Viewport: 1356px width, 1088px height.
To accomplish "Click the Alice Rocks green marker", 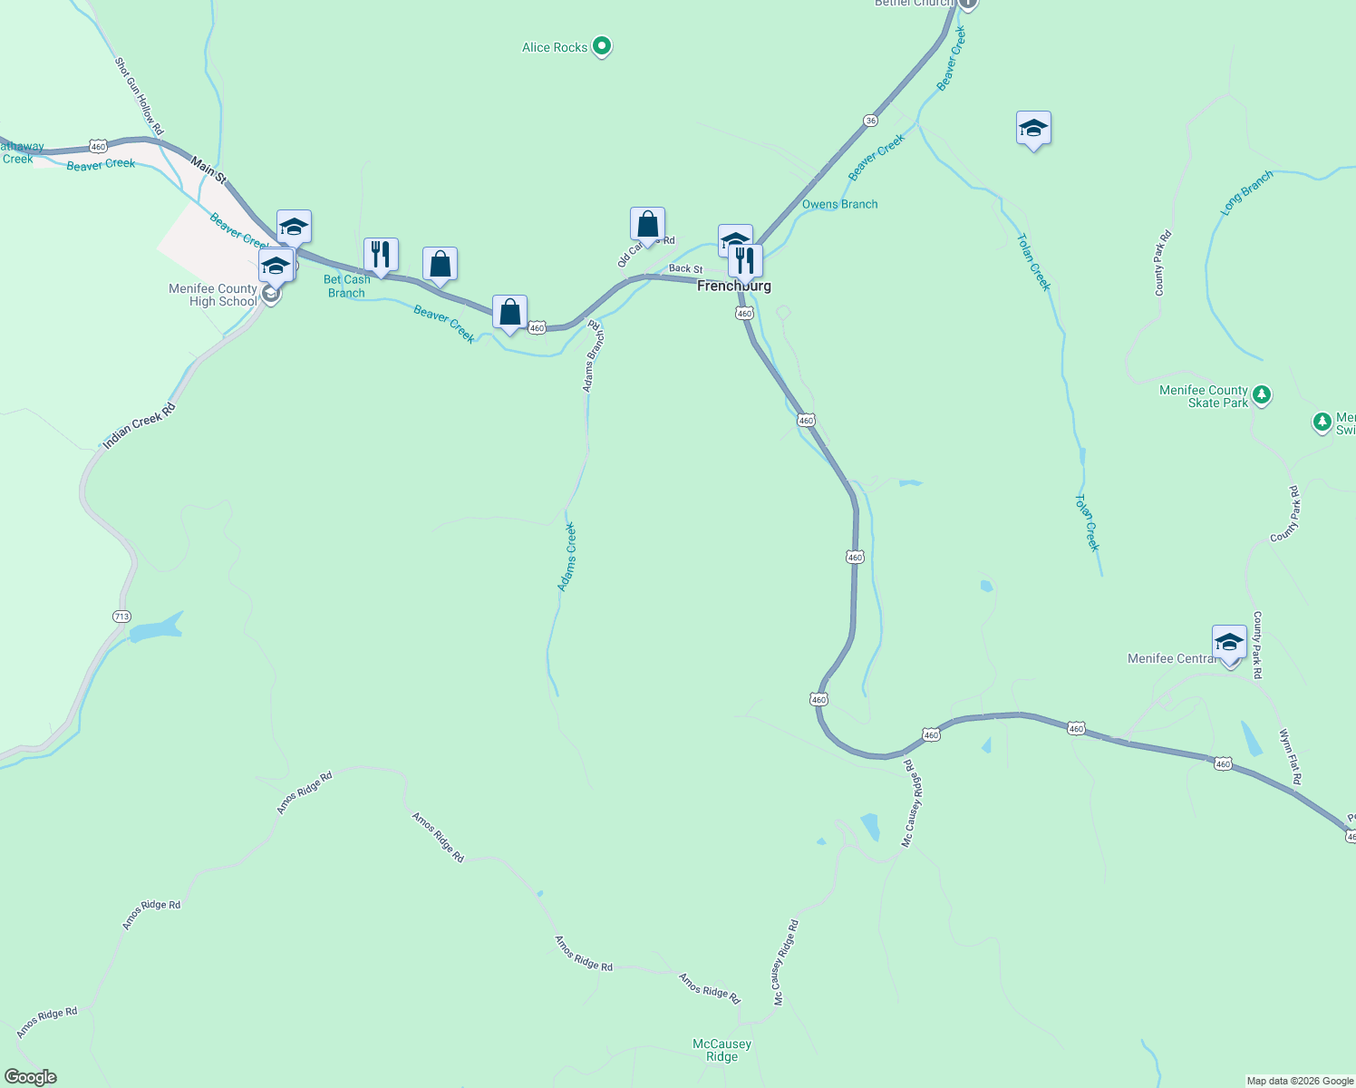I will coord(602,46).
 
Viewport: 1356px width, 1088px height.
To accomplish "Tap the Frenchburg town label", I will coord(733,286).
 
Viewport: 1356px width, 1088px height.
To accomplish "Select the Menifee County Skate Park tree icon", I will coord(1262,395).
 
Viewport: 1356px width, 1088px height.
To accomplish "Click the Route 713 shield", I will coord(122,617).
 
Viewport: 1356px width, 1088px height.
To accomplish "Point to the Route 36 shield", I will coord(870,121).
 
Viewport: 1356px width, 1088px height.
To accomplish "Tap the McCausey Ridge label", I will coord(722,1050).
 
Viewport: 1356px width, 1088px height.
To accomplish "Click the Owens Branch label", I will coord(839,204).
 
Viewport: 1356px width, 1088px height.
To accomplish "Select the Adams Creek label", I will coord(567,557).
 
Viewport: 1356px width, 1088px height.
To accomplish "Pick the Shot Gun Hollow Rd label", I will coord(139,96).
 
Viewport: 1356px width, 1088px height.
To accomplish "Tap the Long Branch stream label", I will coord(1246,192).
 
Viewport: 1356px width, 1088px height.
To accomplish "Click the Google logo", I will coord(31,1077).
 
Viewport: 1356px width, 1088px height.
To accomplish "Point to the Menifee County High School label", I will coord(213,295).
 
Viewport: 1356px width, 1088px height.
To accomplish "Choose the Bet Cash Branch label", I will coord(346,287).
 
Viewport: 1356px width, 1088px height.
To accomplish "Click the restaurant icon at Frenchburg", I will coord(745,261).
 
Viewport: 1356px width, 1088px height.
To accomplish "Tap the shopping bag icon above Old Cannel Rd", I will coord(647,224).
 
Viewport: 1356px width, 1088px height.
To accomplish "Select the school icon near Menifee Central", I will coord(1229,643).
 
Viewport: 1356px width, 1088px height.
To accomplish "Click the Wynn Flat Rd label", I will coord(1290,756).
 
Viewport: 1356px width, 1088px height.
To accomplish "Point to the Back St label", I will coord(685,269).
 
